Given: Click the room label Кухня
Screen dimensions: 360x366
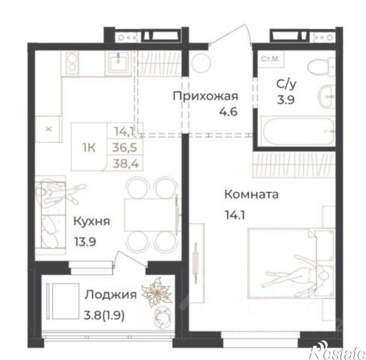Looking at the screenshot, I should [x=91, y=221].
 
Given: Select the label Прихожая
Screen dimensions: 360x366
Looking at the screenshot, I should [x=205, y=96].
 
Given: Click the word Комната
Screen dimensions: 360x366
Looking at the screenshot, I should [x=251, y=195].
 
